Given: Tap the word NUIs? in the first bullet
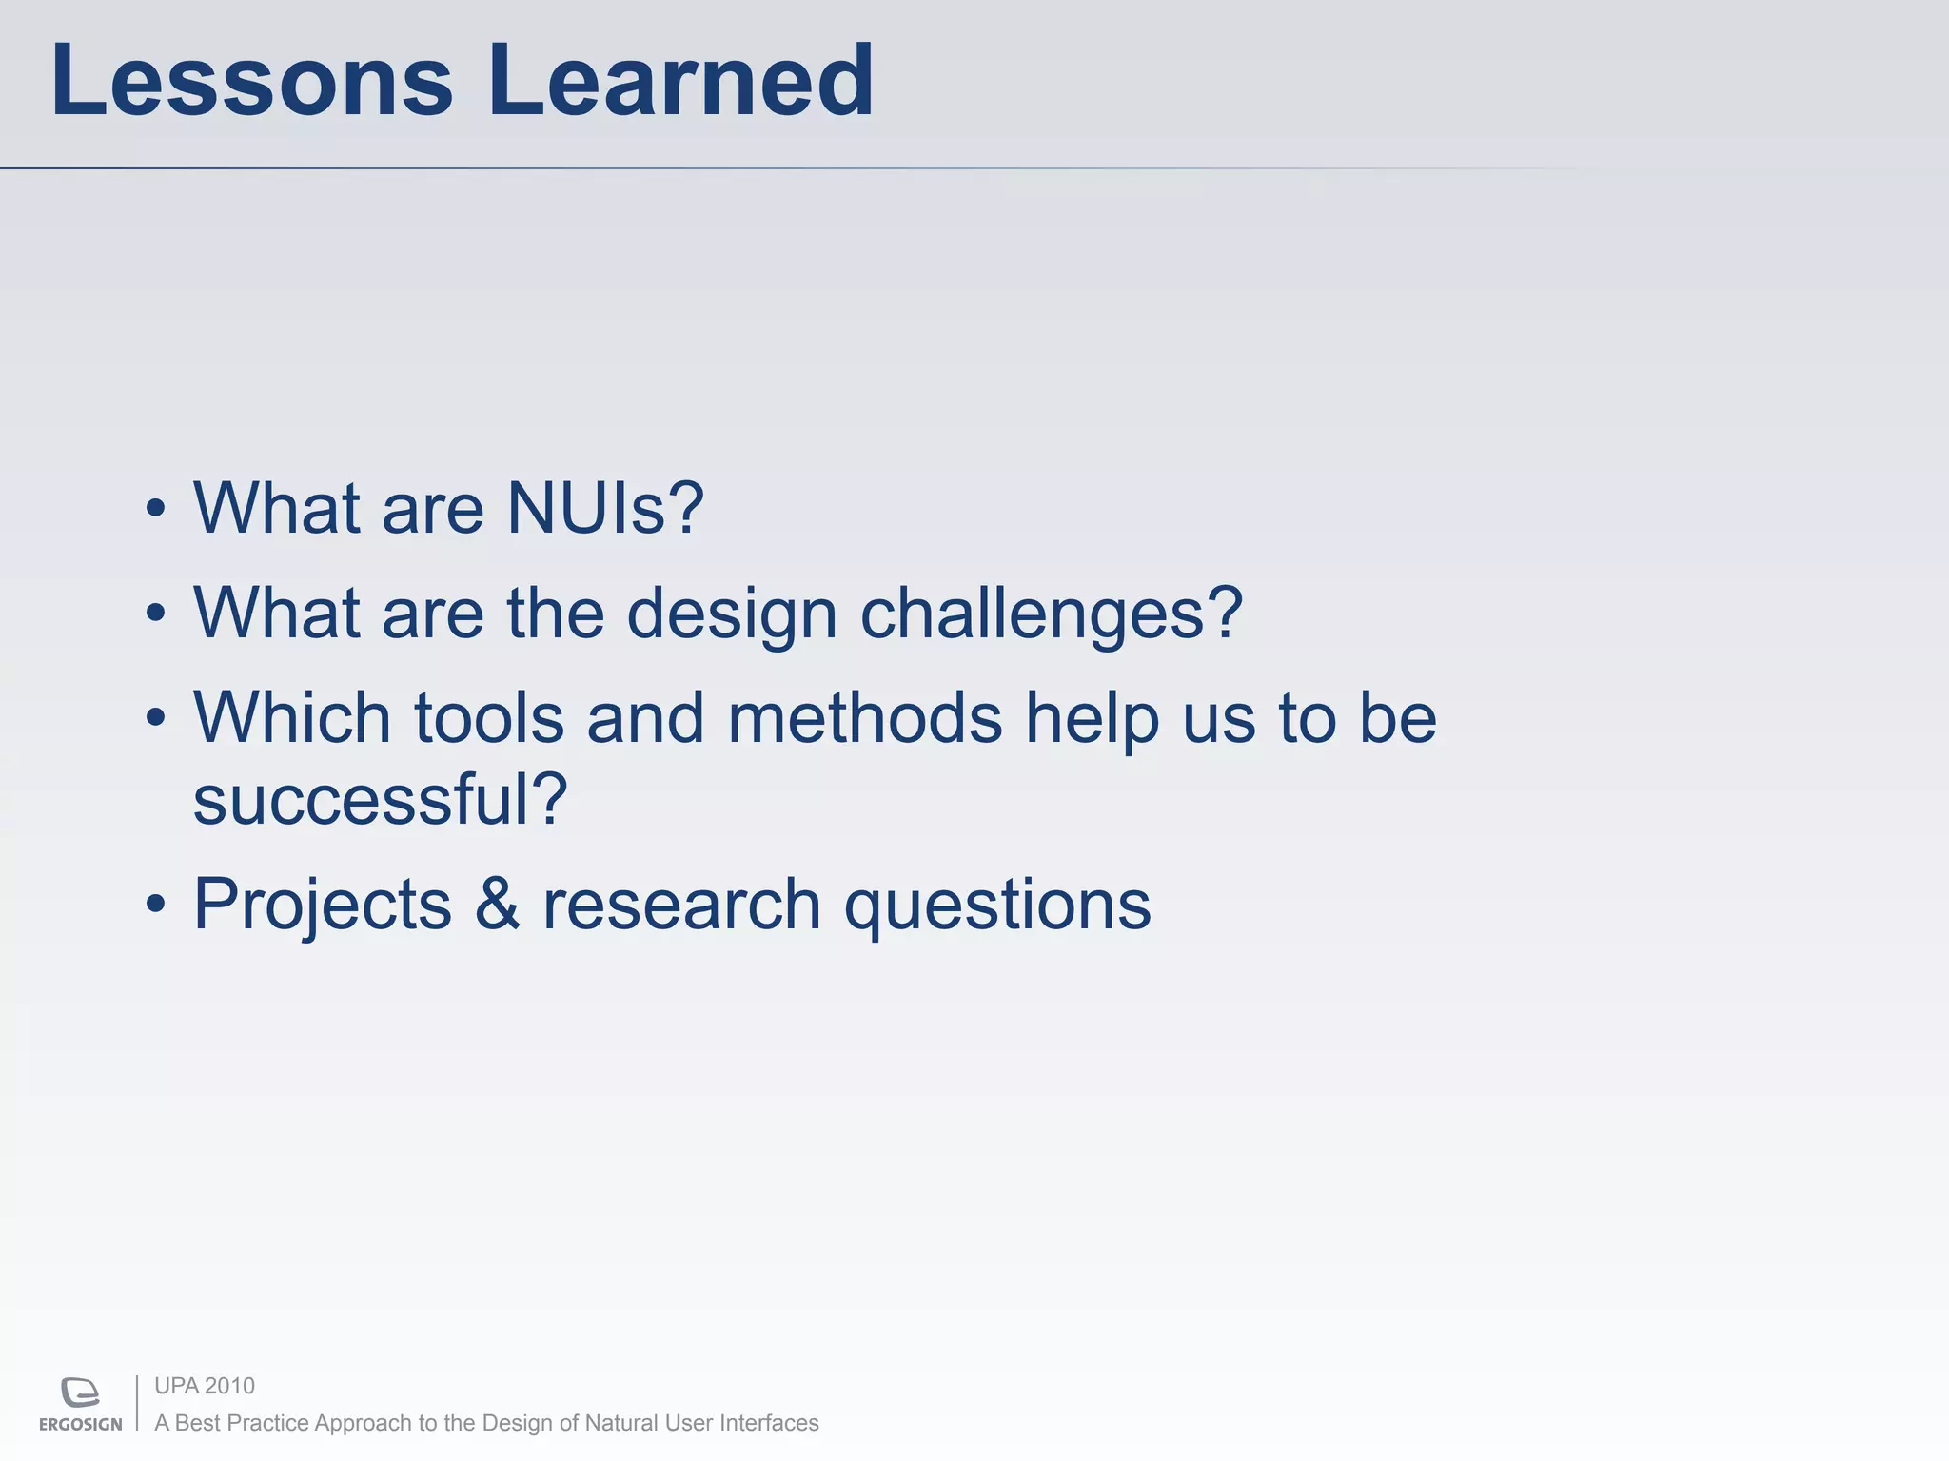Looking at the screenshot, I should coord(605,509).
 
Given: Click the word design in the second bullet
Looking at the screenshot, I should coord(732,614).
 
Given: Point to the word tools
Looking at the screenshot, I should coord(489,717).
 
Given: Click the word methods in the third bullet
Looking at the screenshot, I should coord(864,717).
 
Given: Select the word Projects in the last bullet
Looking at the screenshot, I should coord(323,904).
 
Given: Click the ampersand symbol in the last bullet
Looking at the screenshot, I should coord(497,904).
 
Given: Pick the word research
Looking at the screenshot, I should coord(681,904).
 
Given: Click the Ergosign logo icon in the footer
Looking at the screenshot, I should coord(81,1392).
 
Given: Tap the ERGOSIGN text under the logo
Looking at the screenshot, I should coord(81,1424).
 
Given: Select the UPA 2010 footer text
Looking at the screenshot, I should coord(205,1386).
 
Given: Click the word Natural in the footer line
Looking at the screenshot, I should coord(621,1423).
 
